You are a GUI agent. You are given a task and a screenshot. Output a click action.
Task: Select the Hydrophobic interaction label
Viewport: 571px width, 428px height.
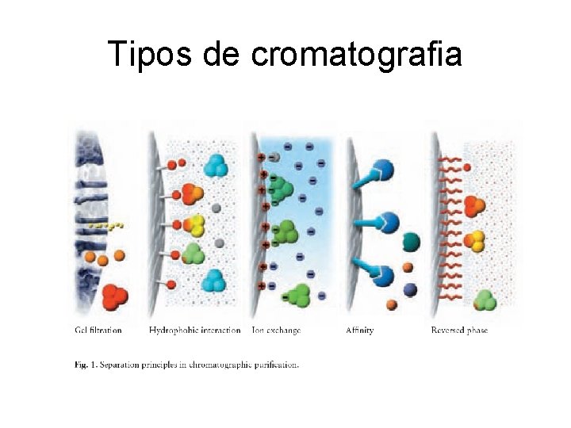tap(194, 330)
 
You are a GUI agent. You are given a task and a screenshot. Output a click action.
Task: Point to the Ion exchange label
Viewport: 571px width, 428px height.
tap(275, 330)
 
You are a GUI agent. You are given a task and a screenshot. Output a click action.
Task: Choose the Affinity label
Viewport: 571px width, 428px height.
tap(359, 330)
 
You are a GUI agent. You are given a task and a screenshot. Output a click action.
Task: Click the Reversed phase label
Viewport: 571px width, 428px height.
tap(459, 330)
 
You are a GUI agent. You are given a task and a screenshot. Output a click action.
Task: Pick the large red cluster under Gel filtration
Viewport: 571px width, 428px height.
tap(114, 297)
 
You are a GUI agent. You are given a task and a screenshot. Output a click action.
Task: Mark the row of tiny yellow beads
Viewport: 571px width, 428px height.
tap(105, 226)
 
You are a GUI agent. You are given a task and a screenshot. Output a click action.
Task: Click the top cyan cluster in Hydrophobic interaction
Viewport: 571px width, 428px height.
tap(215, 166)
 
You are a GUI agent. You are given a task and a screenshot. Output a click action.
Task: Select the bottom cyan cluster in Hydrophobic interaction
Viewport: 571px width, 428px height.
tap(215, 281)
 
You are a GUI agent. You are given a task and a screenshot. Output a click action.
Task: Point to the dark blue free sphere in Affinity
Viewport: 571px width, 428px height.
tap(410, 289)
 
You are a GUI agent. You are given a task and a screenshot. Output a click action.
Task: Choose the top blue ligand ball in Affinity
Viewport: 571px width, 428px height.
tap(384, 169)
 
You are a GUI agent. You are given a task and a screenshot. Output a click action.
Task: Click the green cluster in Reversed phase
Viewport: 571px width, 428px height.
tap(485, 300)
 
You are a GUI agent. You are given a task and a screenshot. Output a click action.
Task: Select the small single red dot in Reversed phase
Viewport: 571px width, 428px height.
tap(467, 167)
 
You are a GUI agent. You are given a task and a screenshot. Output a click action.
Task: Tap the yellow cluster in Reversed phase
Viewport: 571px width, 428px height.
tap(474, 241)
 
